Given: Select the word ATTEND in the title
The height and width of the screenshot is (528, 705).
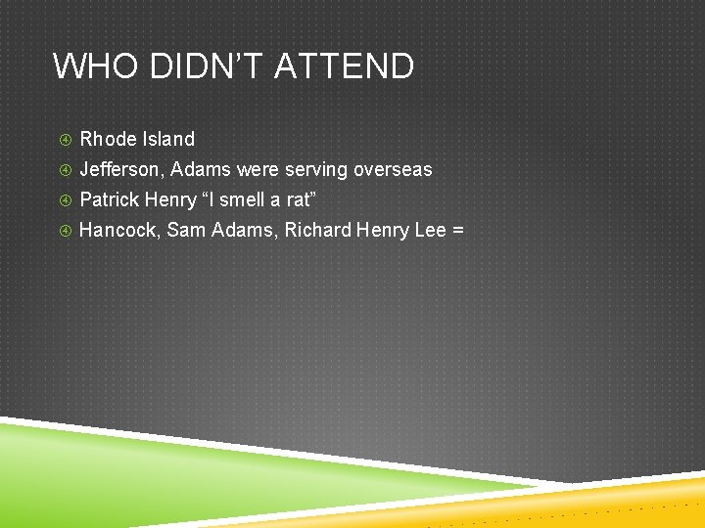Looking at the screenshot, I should tap(345, 66).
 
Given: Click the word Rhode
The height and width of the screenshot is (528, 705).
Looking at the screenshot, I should tap(108, 139).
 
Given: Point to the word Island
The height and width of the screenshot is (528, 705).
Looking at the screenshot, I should tap(168, 139).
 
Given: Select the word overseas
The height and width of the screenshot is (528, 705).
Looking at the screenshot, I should tap(393, 169).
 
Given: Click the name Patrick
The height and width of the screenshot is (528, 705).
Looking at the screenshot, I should tap(109, 200).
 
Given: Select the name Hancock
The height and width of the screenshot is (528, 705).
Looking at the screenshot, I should tap(119, 231).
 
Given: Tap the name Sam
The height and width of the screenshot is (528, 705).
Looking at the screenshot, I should tap(184, 231).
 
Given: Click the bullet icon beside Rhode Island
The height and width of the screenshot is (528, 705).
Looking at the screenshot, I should tap(64, 140).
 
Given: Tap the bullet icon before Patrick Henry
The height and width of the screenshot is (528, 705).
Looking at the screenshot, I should tap(64, 200).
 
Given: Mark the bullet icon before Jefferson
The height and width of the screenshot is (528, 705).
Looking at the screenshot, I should tap(64, 170).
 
